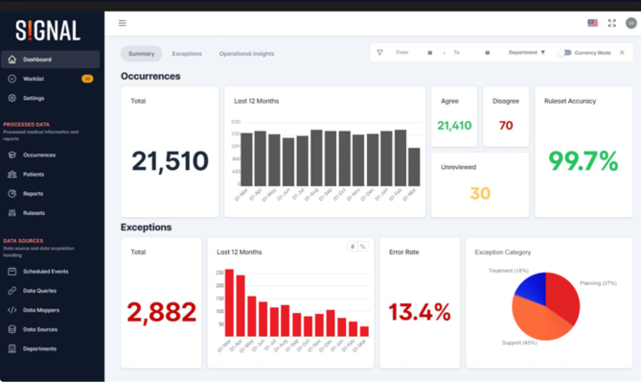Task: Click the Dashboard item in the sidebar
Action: tap(37, 60)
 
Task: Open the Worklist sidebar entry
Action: tap(34, 79)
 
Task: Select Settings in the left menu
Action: tap(34, 98)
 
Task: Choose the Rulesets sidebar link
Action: tap(34, 213)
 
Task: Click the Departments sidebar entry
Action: tap(39, 348)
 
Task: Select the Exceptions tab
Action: tap(187, 54)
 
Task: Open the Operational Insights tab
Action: tap(246, 54)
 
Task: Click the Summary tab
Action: tap(142, 54)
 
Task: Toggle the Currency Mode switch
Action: tap(564, 53)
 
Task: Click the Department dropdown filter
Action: tap(526, 53)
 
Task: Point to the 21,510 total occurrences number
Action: tap(170, 161)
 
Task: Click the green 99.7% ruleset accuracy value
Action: tap(582, 161)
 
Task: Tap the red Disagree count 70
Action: tap(506, 126)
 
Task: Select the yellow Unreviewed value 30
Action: tap(480, 194)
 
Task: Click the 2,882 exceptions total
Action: tap(162, 311)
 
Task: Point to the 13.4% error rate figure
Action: tap(420, 311)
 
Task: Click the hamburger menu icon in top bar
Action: tap(122, 23)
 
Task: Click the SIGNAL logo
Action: tap(47, 32)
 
